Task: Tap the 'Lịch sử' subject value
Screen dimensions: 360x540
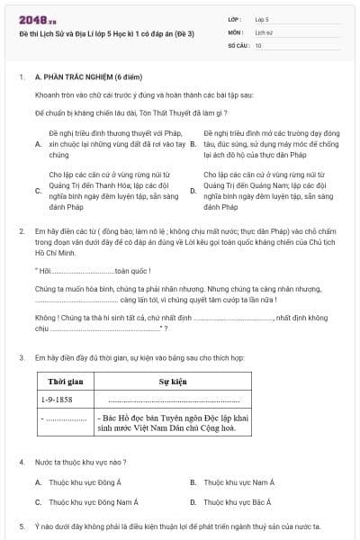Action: click(264, 31)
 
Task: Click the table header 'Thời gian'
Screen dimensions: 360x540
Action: click(67, 381)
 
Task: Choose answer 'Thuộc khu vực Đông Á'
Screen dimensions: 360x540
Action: click(85, 482)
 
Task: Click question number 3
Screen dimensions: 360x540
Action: click(22, 357)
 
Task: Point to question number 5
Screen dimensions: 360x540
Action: click(22, 526)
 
